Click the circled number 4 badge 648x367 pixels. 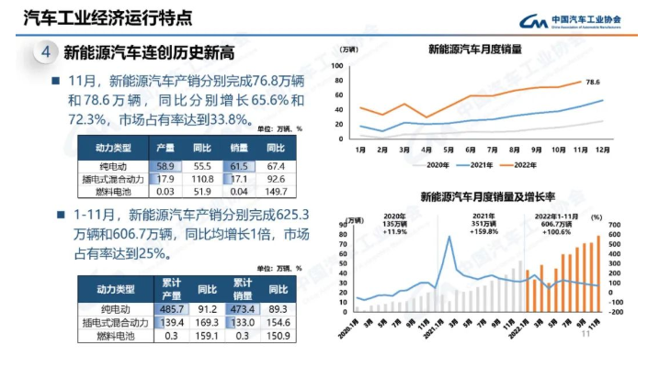pos(45,53)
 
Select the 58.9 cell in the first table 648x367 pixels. pos(165,164)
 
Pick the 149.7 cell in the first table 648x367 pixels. pos(276,191)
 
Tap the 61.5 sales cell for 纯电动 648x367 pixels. pos(239,164)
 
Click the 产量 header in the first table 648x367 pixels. pos(165,147)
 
